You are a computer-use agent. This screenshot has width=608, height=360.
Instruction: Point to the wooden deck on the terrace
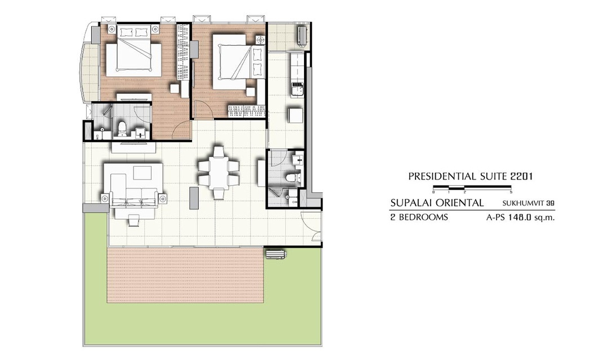pyautogui.click(x=185, y=276)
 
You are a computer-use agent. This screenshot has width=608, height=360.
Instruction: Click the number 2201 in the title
pyautogui.click(x=521, y=177)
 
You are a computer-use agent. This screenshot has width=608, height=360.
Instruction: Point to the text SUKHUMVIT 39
pyautogui.click(x=528, y=203)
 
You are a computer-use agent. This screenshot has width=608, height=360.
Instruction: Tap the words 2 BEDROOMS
pyautogui.click(x=419, y=217)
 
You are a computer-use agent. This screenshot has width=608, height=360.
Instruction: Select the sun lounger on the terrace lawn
pyautogui.click(x=275, y=254)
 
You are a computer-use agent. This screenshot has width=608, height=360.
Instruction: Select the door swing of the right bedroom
pyautogui.click(x=204, y=109)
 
